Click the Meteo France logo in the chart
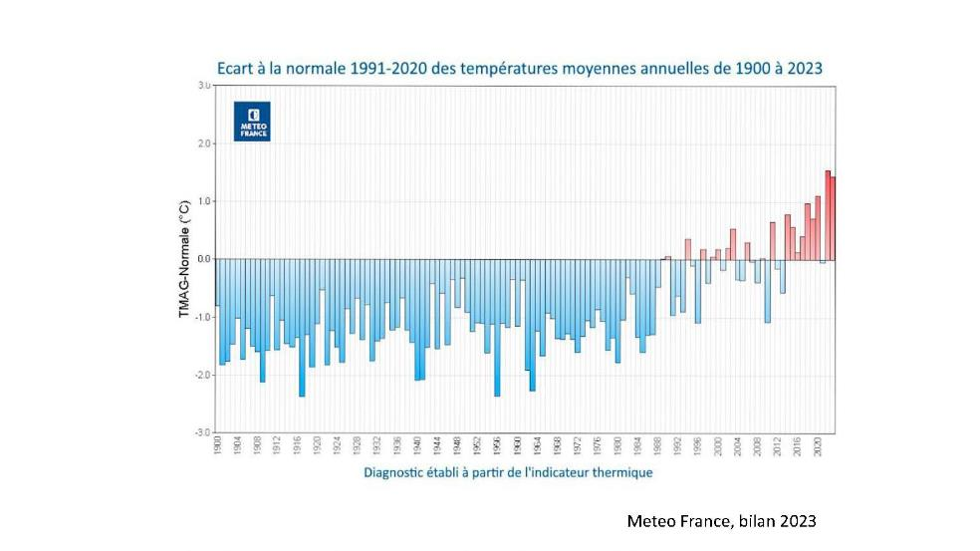coord(252,121)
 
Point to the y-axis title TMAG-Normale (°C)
coord(185,259)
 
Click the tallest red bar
coord(827,215)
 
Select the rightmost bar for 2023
coord(833,218)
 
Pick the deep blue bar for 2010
coord(767,290)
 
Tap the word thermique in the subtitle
coord(620,472)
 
